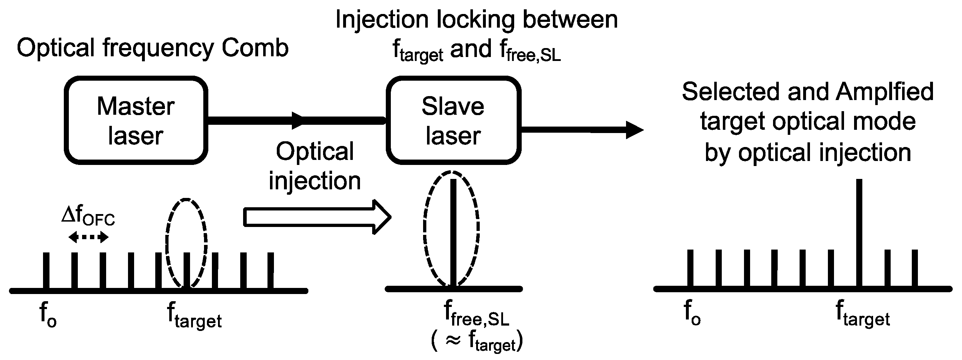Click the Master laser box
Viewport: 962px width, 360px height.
[x=136, y=120]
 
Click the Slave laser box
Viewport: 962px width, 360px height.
[x=453, y=120]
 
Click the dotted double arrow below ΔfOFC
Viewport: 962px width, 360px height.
[x=89, y=237]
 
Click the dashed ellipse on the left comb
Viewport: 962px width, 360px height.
[x=186, y=243]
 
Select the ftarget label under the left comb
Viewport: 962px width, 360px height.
[x=194, y=316]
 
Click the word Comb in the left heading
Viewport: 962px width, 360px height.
[x=255, y=48]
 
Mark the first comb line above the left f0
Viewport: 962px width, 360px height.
[x=46, y=270]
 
